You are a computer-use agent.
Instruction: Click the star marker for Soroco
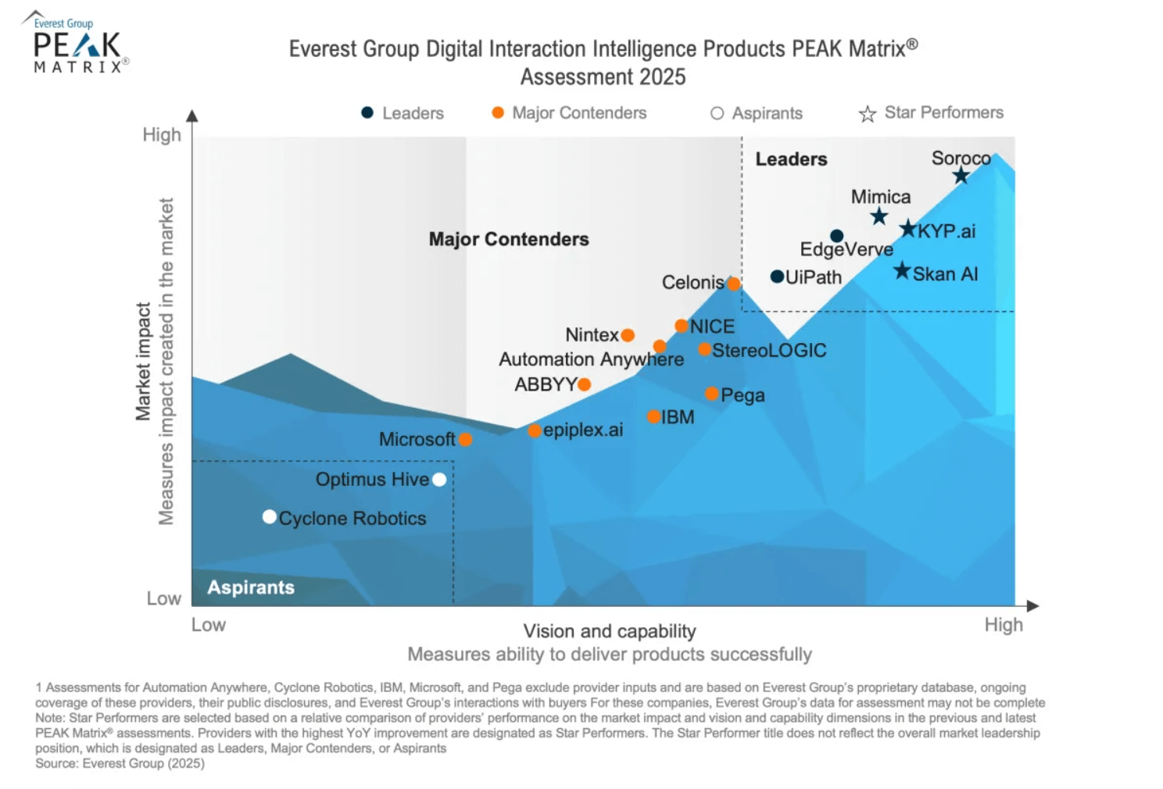[961, 176]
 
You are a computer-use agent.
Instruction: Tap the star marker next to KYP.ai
[907, 229]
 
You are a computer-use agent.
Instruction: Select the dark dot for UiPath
[777, 277]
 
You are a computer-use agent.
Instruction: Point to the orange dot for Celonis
[734, 284]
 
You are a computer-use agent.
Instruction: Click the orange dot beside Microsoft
[465, 440]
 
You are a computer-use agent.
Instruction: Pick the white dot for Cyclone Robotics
[270, 516]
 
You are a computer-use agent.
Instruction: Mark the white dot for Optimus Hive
[439, 480]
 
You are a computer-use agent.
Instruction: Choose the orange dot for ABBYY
[584, 384]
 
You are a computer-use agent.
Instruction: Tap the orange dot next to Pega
[712, 394]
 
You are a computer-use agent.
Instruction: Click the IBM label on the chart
[678, 417]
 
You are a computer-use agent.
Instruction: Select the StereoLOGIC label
[769, 350]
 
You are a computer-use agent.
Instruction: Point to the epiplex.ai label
[583, 430]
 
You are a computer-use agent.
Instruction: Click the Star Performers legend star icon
[867, 114]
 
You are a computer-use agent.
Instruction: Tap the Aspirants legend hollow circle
[717, 113]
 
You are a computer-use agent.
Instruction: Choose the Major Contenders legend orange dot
[498, 112]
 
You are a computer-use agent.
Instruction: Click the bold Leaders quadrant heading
[791, 159]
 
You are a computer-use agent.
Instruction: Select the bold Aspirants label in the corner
[251, 587]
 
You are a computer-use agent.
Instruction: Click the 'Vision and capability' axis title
[610, 631]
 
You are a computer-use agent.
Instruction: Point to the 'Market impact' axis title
[143, 362]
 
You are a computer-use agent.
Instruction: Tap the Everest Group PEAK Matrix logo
[77, 44]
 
